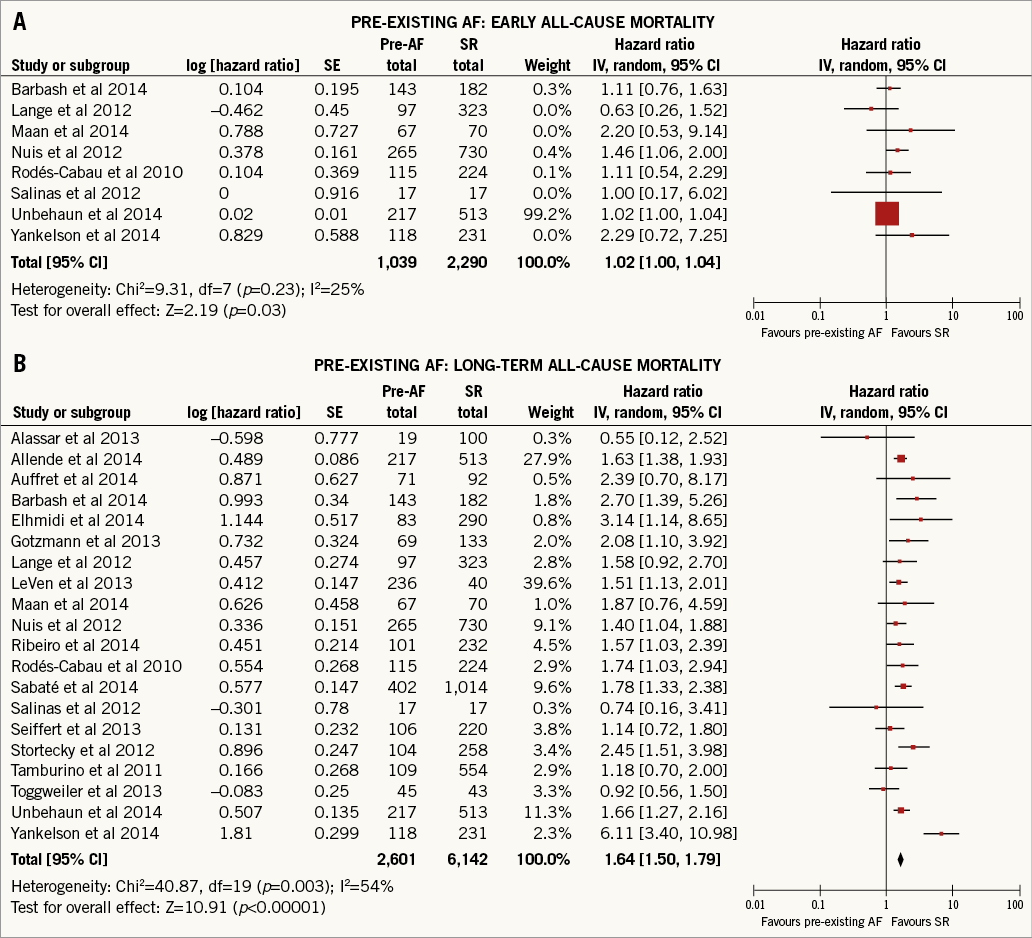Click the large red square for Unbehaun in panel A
886,213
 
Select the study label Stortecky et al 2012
82,749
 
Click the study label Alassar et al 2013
75,438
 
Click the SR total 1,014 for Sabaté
466,687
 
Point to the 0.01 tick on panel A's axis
754,315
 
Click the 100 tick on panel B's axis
1014,904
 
